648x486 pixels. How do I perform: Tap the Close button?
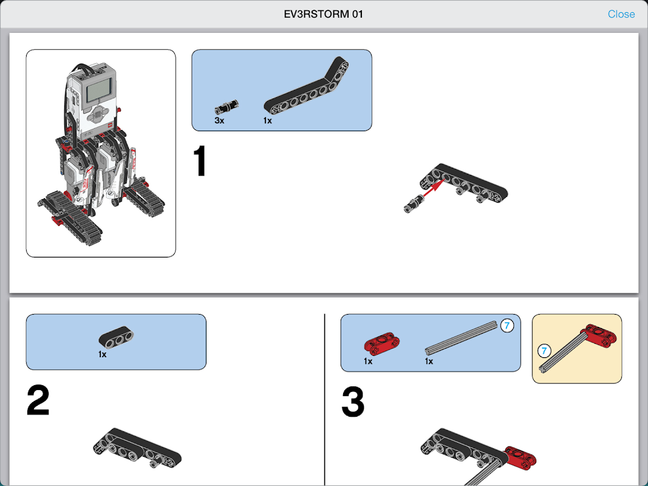[x=621, y=14]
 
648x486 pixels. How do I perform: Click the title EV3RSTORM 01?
[x=324, y=14]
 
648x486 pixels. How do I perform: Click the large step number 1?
[x=200, y=162]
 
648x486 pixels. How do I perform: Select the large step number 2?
[x=38, y=400]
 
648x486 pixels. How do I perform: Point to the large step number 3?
[x=353, y=402]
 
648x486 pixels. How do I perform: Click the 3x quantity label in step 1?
[x=219, y=121]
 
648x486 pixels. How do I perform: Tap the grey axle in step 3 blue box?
[x=460, y=338]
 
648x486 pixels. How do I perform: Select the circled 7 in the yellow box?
[x=545, y=351]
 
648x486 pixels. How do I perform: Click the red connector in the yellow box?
[x=599, y=335]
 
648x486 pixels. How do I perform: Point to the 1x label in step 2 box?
[x=103, y=354]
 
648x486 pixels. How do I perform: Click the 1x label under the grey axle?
[x=429, y=361]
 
